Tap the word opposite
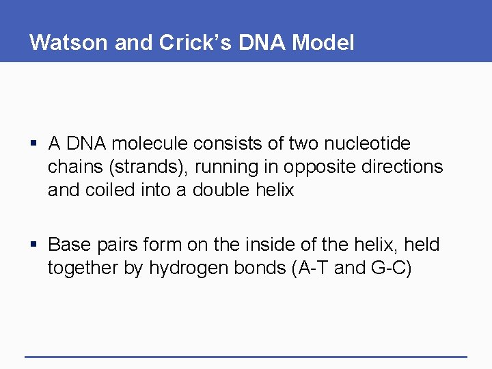[x=316, y=167]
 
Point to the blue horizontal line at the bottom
[x=246, y=357]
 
